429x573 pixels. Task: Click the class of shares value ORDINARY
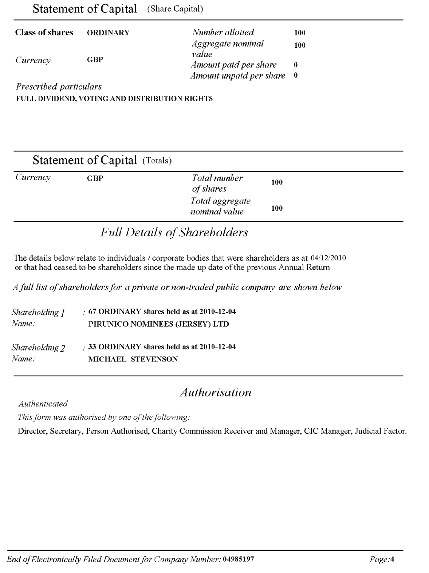pyautogui.click(x=108, y=33)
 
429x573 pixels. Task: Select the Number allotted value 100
pyautogui.click(x=300, y=33)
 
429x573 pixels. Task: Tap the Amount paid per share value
pyautogui.click(x=296, y=65)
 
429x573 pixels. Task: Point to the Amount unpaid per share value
pyautogui.click(x=296, y=76)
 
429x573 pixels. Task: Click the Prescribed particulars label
pyautogui.click(x=59, y=87)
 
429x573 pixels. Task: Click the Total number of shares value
pyautogui.click(x=277, y=182)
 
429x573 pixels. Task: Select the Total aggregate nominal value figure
pyautogui.click(x=277, y=208)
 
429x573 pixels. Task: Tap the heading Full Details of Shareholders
pyautogui.click(x=174, y=232)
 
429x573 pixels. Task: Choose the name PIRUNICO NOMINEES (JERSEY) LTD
pyautogui.click(x=159, y=324)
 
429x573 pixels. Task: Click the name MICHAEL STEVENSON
pyautogui.click(x=133, y=359)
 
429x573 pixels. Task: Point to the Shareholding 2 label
pyautogui.click(x=38, y=348)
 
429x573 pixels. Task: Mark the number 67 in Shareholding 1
pyautogui.click(x=93, y=312)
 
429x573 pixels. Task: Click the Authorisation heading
pyautogui.click(x=216, y=392)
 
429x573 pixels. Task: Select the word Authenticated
pyautogui.click(x=43, y=404)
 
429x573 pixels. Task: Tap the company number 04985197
pyautogui.click(x=239, y=559)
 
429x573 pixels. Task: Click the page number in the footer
pyautogui.click(x=392, y=559)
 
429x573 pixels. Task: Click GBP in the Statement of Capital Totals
pyautogui.click(x=95, y=178)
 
